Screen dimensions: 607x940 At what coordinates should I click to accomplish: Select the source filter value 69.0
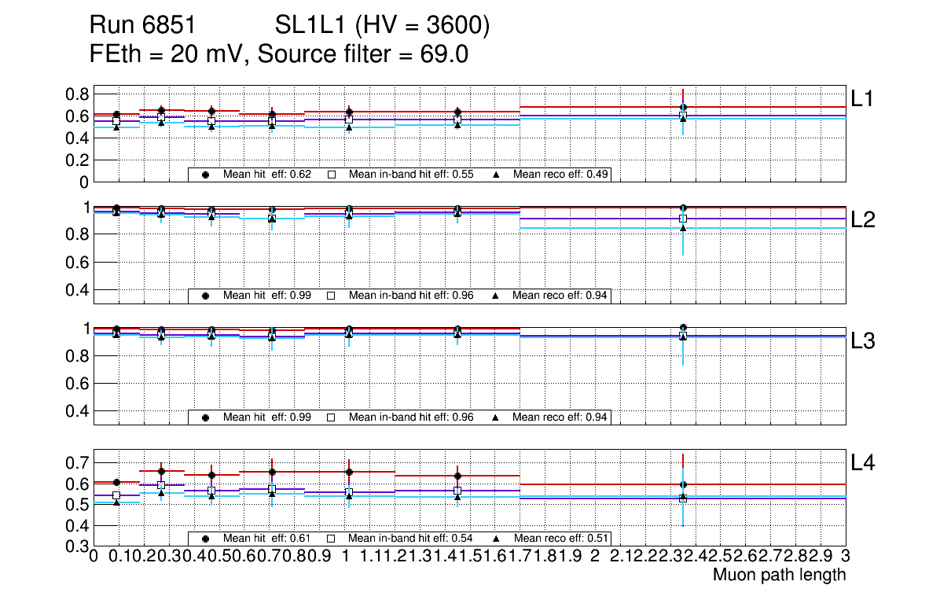click(447, 54)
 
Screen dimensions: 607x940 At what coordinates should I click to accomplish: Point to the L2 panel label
click(864, 220)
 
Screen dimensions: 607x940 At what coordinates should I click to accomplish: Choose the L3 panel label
click(864, 341)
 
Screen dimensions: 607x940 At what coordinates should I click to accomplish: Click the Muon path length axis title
click(779, 575)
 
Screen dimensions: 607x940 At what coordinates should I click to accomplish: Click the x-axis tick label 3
click(845, 557)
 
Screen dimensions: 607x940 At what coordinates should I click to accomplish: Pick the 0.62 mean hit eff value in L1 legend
click(301, 174)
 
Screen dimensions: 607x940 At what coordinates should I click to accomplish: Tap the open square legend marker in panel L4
click(331, 539)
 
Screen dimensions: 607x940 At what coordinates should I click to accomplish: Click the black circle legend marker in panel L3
click(206, 417)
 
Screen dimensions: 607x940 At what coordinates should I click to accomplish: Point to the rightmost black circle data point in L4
click(683, 484)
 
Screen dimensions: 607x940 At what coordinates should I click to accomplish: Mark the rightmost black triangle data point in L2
click(683, 228)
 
